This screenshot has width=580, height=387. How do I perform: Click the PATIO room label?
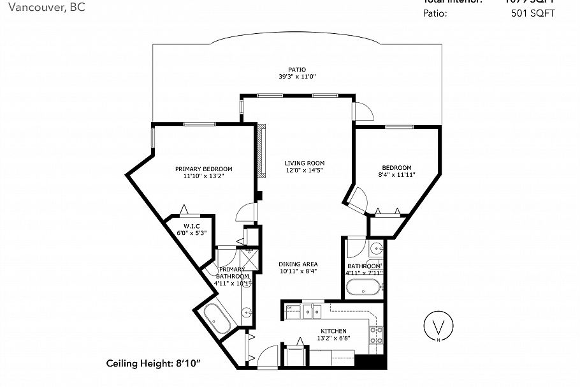click(297, 69)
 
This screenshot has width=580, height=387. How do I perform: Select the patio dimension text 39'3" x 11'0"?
click(297, 77)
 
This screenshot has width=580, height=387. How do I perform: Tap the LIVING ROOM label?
click(305, 163)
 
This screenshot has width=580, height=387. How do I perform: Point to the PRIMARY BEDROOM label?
click(203, 169)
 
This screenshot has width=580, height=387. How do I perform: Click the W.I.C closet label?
click(191, 226)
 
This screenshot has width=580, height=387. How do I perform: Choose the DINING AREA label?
click(298, 264)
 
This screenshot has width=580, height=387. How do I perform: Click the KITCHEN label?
click(333, 331)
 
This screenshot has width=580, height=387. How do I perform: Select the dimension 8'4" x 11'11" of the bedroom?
click(396, 174)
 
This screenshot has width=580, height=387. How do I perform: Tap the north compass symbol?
click(439, 327)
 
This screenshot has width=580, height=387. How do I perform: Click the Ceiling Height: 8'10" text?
click(153, 363)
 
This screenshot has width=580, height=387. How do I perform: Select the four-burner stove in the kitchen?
click(376, 335)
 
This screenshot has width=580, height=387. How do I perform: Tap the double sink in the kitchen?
click(312, 311)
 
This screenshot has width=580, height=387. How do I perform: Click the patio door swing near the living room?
click(364, 112)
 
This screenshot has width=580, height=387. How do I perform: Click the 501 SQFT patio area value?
click(532, 13)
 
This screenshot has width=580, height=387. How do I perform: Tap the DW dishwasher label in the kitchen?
click(289, 308)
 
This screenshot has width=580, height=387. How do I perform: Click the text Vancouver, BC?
click(41, 7)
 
